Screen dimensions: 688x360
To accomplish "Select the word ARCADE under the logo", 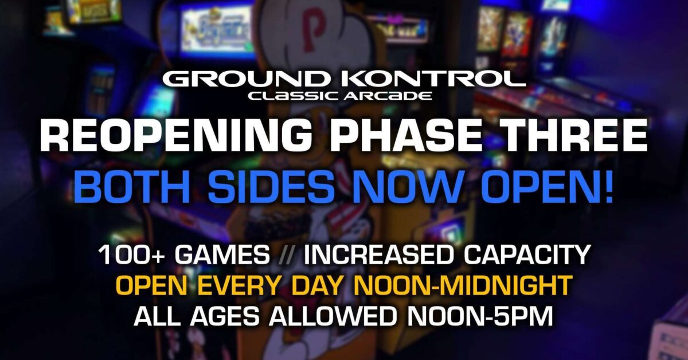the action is [388, 96].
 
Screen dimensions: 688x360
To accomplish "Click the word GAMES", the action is [222, 255].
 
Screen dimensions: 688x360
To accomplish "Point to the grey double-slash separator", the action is [287, 255].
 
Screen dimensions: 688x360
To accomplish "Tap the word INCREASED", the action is [379, 255].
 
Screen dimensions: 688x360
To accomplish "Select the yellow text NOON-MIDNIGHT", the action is [463, 285].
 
